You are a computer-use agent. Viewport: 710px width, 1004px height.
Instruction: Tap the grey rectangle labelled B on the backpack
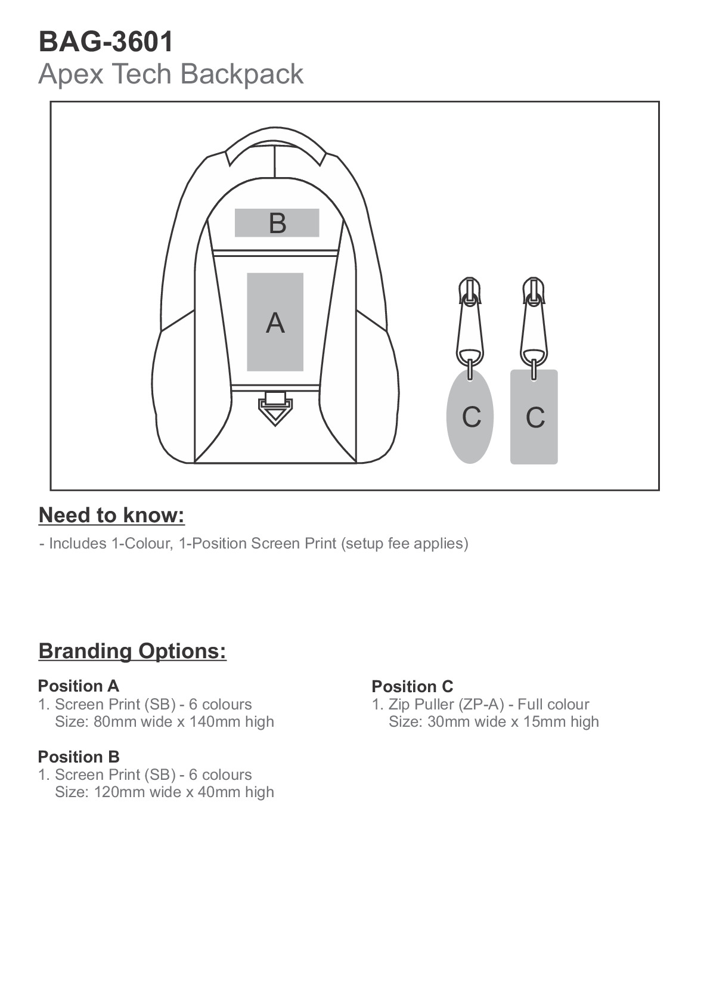(x=277, y=223)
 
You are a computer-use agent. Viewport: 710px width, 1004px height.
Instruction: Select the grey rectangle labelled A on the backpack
(x=275, y=322)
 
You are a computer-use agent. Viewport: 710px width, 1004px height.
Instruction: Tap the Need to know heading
(x=111, y=515)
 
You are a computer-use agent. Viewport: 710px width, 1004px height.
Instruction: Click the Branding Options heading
(x=132, y=650)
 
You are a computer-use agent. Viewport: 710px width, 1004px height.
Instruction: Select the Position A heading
(x=78, y=686)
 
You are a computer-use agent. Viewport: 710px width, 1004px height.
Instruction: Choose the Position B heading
(x=78, y=757)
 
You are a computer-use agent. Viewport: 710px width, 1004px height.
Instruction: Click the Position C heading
(x=412, y=686)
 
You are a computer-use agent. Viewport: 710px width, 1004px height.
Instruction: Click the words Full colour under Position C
(x=553, y=704)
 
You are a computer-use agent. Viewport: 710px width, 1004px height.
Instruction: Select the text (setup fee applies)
(x=405, y=543)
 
